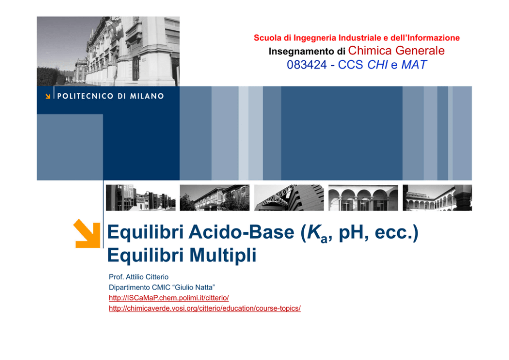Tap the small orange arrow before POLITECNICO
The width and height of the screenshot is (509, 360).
[48, 96]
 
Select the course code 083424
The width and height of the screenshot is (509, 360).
[307, 65]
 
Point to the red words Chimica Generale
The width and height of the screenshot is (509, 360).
[396, 51]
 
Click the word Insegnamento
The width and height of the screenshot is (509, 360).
[297, 51]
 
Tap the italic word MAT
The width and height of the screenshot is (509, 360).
[414, 65]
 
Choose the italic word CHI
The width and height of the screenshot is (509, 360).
[378, 65]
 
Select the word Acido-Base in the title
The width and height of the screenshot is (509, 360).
[242, 232]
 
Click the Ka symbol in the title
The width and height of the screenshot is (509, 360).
[318, 233]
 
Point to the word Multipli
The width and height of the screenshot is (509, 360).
[223, 255]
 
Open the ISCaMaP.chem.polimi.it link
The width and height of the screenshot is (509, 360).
[169, 298]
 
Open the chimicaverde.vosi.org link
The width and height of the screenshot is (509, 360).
[205, 308]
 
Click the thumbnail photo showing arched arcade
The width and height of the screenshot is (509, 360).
[363, 198]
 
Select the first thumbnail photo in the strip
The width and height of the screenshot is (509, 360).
[141, 198]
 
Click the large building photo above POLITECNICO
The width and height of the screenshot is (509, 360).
[108, 51]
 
